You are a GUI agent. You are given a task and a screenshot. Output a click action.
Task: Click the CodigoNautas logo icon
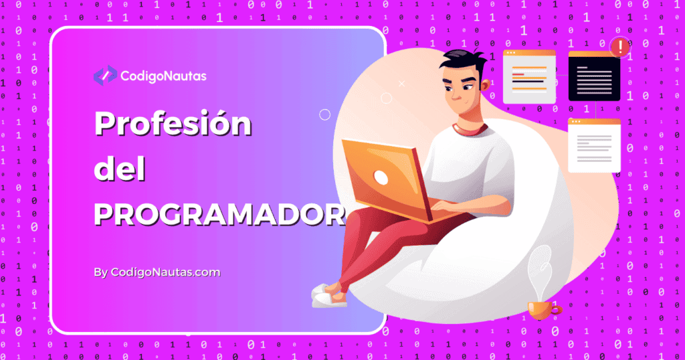pos(104,76)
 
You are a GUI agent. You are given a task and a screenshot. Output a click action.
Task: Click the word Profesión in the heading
pos(173,124)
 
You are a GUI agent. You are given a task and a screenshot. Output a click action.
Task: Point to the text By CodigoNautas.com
pos(157,272)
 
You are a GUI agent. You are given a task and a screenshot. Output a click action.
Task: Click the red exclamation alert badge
pos(621,47)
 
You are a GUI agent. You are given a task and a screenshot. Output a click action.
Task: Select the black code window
pos(594,76)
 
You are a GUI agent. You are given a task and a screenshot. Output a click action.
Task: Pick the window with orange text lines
pos(528,76)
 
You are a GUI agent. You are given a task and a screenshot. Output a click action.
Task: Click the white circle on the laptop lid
pos(381,177)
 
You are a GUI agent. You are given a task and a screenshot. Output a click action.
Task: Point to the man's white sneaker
pos(328,295)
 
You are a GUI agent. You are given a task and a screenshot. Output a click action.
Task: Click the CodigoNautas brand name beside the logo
pos(163,76)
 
